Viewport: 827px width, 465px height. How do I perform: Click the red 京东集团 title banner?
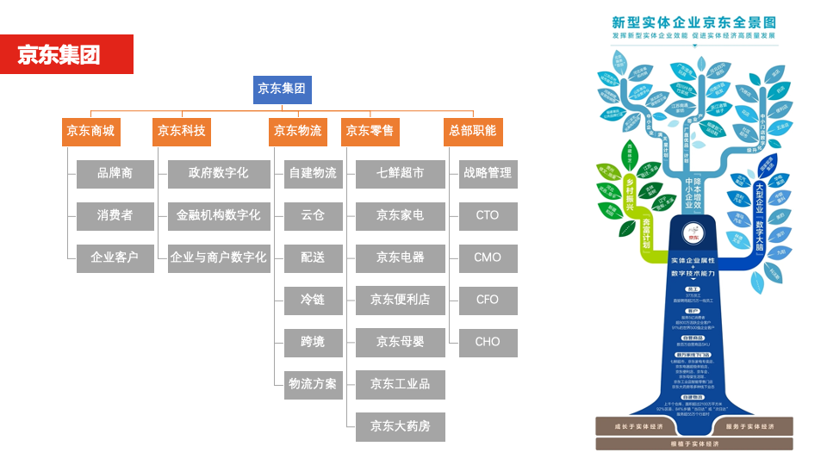[x=66, y=54]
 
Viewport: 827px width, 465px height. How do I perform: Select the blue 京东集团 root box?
[x=282, y=89]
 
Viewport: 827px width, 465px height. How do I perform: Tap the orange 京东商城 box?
[x=90, y=132]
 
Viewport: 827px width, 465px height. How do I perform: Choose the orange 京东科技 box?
[x=181, y=132]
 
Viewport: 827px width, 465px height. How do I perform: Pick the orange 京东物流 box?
[x=297, y=132]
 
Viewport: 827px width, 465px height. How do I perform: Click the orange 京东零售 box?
[x=370, y=132]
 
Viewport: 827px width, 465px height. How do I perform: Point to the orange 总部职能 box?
[x=473, y=132]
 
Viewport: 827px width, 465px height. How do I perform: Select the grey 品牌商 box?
[x=115, y=174]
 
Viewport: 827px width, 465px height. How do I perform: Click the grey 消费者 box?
[x=115, y=215]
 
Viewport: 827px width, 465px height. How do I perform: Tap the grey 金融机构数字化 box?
[x=218, y=215]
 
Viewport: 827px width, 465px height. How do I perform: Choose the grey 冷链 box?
[x=313, y=300]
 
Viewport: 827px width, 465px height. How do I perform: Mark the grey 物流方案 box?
[x=313, y=384]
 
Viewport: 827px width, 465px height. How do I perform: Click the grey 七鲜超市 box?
[x=400, y=174]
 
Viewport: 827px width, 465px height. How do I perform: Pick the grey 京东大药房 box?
[x=400, y=426]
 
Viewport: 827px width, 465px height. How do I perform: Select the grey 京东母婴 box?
[x=400, y=342]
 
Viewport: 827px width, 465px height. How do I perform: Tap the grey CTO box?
[x=488, y=215]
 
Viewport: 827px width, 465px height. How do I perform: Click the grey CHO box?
[x=488, y=342]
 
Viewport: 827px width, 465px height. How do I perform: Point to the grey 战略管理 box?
[x=488, y=174]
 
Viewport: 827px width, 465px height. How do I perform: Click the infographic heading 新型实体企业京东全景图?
[x=693, y=22]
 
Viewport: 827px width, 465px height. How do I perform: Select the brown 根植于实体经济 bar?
[x=693, y=443]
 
